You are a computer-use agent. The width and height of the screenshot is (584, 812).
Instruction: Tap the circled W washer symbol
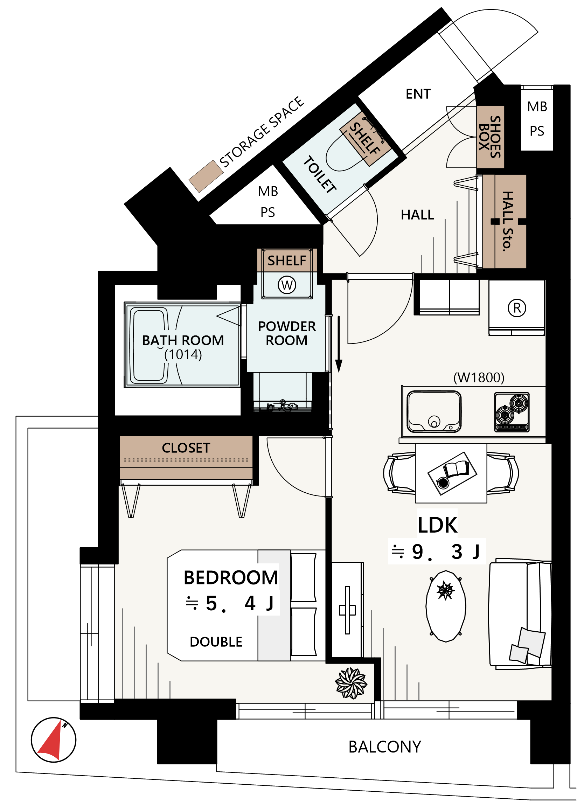click(x=287, y=285)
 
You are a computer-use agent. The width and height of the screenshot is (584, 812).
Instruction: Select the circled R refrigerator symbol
click(x=517, y=307)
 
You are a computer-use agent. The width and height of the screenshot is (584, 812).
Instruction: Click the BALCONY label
click(x=384, y=747)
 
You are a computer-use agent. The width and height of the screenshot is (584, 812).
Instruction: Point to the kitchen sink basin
click(x=434, y=411)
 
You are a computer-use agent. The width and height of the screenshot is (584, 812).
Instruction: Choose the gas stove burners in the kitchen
click(x=511, y=412)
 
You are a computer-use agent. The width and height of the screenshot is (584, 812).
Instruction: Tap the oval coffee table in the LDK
click(x=445, y=606)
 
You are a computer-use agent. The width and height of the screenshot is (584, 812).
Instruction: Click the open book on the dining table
click(x=456, y=469)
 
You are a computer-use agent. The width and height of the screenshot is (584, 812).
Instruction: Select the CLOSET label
click(x=186, y=448)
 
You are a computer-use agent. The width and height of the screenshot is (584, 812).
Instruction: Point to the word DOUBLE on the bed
click(x=216, y=642)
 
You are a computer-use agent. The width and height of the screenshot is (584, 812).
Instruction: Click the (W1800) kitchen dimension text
click(x=478, y=377)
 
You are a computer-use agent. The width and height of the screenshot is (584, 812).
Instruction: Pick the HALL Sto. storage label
click(x=507, y=221)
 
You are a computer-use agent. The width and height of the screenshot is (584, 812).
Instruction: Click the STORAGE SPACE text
click(x=262, y=132)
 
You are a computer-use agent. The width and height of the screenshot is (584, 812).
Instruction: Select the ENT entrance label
click(x=418, y=94)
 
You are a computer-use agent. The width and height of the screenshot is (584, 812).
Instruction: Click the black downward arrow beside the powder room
click(x=338, y=344)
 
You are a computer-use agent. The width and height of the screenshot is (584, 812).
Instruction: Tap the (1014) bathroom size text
click(x=183, y=354)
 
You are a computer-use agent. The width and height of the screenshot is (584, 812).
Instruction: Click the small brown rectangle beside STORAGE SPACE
click(x=206, y=176)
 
